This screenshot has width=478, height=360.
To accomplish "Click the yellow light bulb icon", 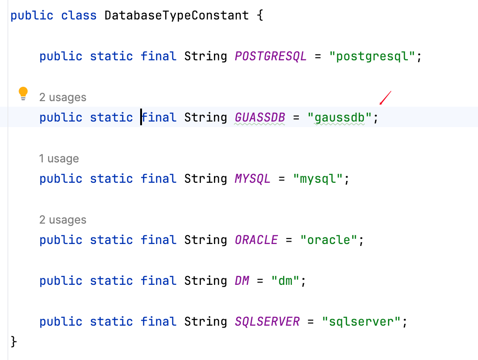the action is [x=23, y=94].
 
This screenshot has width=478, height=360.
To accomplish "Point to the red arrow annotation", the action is [x=385, y=98].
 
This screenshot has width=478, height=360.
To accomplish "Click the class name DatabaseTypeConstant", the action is [x=176, y=15].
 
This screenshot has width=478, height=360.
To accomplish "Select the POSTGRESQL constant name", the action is [x=271, y=57].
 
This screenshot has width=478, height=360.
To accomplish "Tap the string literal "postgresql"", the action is [x=372, y=57].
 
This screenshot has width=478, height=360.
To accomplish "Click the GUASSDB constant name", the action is [x=260, y=118].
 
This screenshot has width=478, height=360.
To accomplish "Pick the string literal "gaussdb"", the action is [x=340, y=118].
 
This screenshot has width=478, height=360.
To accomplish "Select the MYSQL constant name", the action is [x=252, y=179].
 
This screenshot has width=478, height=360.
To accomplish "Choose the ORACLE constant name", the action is [x=256, y=240].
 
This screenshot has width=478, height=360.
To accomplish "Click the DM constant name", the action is [x=242, y=281].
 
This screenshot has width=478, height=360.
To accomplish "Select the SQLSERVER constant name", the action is [x=267, y=322].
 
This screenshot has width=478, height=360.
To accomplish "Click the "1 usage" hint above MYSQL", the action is [x=59, y=159].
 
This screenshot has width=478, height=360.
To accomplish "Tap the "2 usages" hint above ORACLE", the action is [x=63, y=220].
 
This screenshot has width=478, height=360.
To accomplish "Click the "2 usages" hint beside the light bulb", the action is [x=63, y=97].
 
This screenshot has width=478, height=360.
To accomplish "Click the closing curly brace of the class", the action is [x=13, y=342].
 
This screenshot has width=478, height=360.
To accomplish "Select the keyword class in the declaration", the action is [x=79, y=15].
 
